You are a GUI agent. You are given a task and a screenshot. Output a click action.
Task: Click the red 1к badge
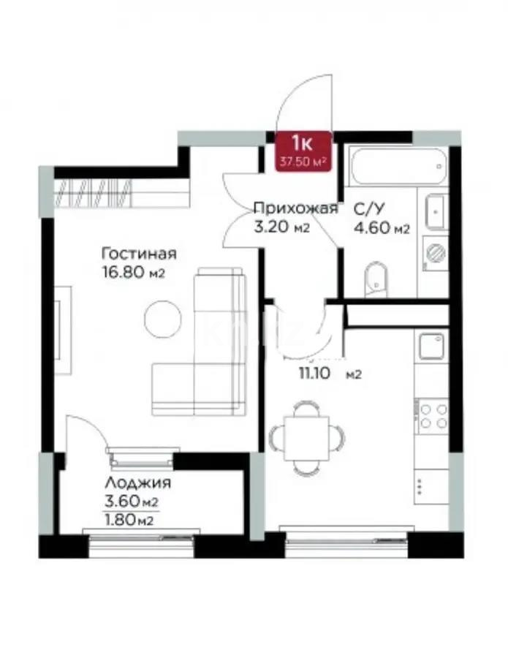[x=303, y=151]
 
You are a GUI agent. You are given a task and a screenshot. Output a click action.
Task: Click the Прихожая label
[x=295, y=209]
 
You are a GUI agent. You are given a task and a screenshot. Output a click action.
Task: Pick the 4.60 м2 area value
[x=380, y=228]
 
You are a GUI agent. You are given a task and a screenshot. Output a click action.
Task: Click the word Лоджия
[x=137, y=483]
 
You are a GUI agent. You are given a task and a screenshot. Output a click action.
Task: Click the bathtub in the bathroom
[x=396, y=169]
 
